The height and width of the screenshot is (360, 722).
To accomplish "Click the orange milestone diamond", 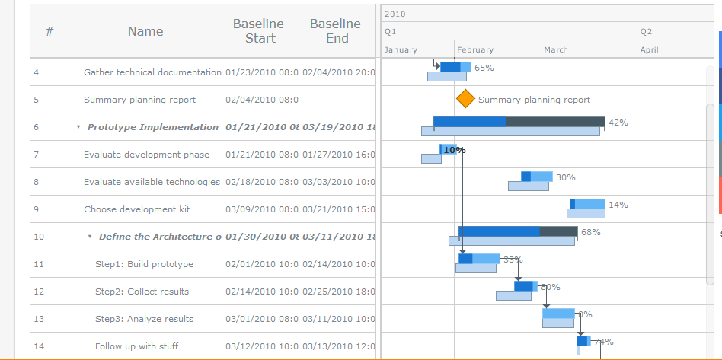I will [x=465, y=99].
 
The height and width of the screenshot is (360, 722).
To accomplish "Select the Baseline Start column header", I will [x=260, y=31].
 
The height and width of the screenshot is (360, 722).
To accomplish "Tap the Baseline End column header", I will [x=336, y=31].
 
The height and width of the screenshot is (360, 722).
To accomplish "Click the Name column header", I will [x=145, y=31].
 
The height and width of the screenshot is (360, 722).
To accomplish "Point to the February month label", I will [x=475, y=49].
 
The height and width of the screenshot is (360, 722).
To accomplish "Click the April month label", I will [x=650, y=49].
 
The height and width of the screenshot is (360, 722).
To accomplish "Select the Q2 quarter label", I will [x=647, y=32].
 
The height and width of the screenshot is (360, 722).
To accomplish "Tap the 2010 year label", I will [x=395, y=14].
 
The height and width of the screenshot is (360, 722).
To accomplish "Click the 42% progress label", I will [x=618, y=123].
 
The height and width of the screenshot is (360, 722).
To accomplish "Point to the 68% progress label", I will [x=590, y=232].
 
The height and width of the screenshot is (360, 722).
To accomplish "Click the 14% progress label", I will [x=618, y=205].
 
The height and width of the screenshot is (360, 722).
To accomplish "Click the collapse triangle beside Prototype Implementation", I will [x=78, y=127].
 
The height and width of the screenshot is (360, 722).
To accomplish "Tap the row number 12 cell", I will [x=39, y=292].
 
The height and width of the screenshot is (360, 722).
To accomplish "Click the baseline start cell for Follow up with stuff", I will [x=261, y=346].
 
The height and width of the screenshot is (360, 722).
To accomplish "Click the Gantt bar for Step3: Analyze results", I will [x=558, y=314].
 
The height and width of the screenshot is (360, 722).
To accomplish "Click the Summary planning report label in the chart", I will [x=534, y=100].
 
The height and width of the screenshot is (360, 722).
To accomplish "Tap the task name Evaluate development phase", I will [x=146, y=155].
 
